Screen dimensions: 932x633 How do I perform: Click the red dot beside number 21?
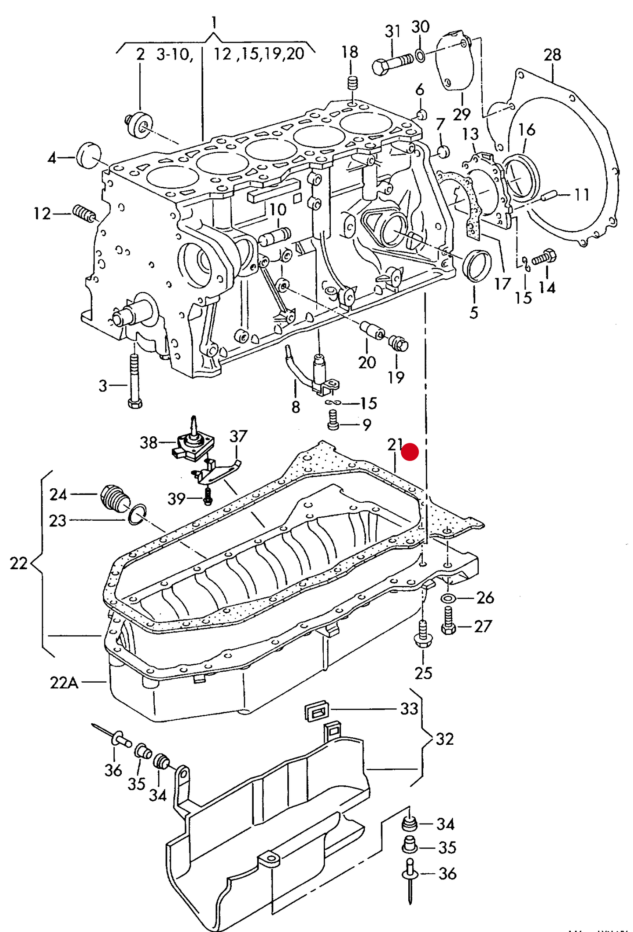[410, 452]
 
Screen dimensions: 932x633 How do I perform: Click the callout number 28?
[552, 55]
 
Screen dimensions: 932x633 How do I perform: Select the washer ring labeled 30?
[420, 56]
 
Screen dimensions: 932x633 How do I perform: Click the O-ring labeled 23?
[137, 515]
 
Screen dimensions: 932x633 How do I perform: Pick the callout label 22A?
[64, 683]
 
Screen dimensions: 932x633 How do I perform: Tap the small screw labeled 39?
[208, 496]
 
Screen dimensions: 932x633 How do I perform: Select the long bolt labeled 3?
[134, 381]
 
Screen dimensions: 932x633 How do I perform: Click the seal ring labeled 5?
[477, 266]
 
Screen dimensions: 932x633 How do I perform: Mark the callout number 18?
[350, 52]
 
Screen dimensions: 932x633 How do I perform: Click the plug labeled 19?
[399, 343]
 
